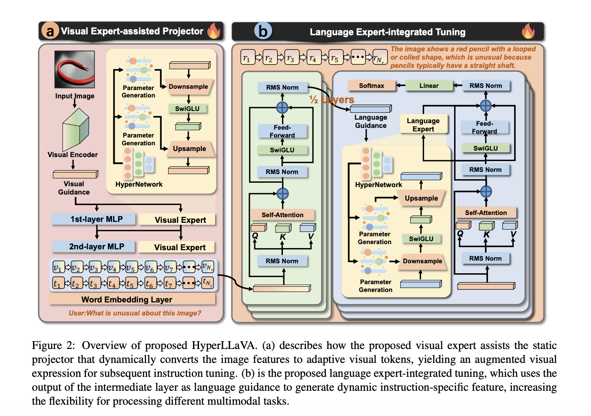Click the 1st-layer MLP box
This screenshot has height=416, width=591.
(94, 219)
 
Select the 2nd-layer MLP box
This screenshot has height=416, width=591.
(93, 246)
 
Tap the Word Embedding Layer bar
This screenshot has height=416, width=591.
(132, 299)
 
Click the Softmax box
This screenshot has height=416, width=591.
(372, 86)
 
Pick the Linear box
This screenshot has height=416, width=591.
(429, 86)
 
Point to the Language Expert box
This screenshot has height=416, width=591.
(423, 124)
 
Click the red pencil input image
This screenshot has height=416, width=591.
(74, 69)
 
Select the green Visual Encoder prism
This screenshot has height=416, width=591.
(76, 129)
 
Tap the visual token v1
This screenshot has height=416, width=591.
(58, 267)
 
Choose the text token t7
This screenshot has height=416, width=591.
(169, 283)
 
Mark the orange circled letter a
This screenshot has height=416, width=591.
(50, 30)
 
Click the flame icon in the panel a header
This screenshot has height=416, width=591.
(214, 30)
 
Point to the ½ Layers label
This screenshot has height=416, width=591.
(332, 100)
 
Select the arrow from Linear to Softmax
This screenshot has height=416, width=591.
(401, 86)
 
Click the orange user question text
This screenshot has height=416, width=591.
(135, 313)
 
